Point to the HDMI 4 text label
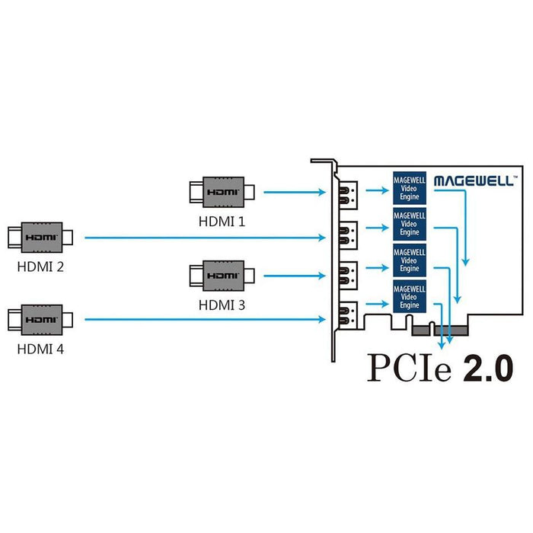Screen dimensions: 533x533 [40, 349]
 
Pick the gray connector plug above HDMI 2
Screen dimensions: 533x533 [40, 238]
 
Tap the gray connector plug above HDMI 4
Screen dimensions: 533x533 [40, 319]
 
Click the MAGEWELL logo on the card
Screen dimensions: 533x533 [475, 181]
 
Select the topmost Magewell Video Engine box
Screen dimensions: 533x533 [410, 187]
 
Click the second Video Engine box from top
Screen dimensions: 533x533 [410, 224]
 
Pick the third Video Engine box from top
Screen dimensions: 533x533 [410, 260]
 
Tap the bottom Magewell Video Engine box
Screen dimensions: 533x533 [410, 296]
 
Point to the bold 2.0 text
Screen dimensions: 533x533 [487, 369]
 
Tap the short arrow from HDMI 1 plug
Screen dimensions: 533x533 [294, 193]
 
